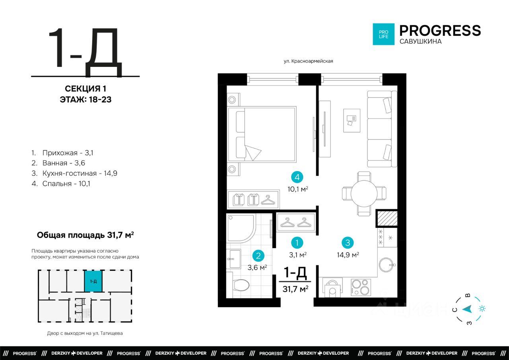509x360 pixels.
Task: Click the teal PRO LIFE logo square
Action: click(x=384, y=34)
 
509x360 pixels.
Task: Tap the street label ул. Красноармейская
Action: click(x=308, y=61)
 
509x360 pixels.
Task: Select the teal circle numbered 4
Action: click(x=297, y=177)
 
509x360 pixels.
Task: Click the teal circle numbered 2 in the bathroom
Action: click(x=258, y=256)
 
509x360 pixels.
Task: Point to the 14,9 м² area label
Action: click(x=348, y=255)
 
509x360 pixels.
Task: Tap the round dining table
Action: click(x=364, y=194)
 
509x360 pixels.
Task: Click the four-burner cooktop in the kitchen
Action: click(x=361, y=287)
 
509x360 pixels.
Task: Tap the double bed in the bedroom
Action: click(x=262, y=134)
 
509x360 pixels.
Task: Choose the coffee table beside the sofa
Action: click(x=352, y=121)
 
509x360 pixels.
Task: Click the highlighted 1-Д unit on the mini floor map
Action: click(x=93, y=281)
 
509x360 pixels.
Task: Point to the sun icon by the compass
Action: click(x=482, y=309)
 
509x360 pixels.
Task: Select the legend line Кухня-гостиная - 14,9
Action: click(x=74, y=173)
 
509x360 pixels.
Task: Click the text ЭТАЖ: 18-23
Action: click(x=85, y=99)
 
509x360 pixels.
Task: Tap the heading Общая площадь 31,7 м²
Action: click(x=85, y=235)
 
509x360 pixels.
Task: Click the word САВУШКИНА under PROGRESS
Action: click(x=421, y=41)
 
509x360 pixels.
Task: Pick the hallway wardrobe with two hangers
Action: click(x=295, y=222)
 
